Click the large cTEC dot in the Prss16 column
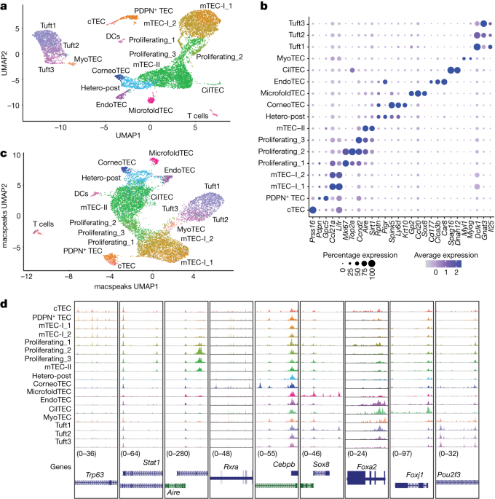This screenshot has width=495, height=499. pyautogui.click(x=313, y=211)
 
